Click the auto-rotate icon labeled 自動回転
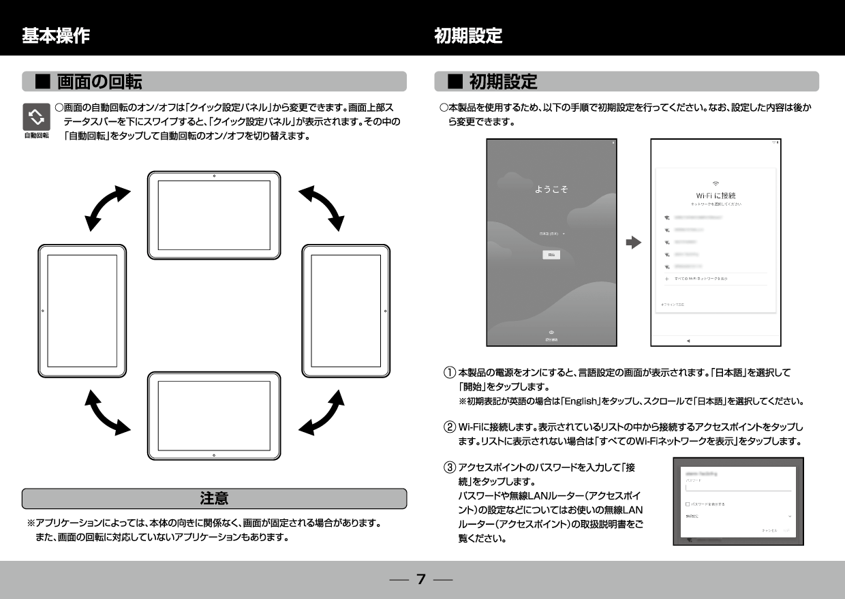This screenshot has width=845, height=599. (x=36, y=118)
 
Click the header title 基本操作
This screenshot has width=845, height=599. (x=56, y=35)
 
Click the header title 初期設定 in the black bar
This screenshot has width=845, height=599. (x=468, y=35)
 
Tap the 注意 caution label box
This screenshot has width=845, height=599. (x=214, y=498)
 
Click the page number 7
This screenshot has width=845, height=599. (x=421, y=579)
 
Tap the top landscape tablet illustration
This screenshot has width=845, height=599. (x=214, y=215)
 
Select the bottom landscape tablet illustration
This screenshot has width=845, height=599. (x=214, y=416)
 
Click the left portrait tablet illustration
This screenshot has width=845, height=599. (x=82, y=311)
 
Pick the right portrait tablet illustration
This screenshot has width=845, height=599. (x=345, y=311)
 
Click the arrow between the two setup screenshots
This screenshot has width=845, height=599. (x=634, y=243)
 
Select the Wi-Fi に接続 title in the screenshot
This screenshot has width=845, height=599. (x=716, y=196)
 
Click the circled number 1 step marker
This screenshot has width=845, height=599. (x=450, y=373)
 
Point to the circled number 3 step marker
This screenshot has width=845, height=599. (x=450, y=468)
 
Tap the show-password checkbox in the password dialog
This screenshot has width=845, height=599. (x=688, y=504)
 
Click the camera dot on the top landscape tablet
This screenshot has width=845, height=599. (x=214, y=176)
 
